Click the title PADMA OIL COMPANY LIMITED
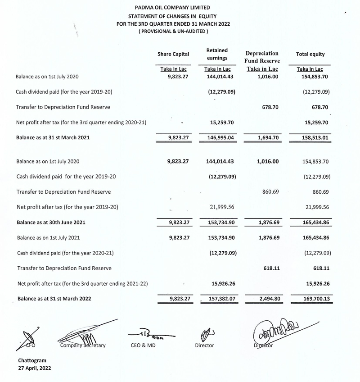tap(172, 8)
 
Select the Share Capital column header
tap(173, 54)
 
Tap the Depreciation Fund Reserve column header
tap(262, 57)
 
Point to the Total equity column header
tap(310, 54)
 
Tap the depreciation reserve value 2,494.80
tap(267, 298)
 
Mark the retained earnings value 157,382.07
tap(222, 298)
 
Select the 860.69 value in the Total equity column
tap(319, 191)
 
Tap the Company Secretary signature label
tap(82, 346)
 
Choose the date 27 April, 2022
tap(35, 368)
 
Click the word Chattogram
tap(32, 361)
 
